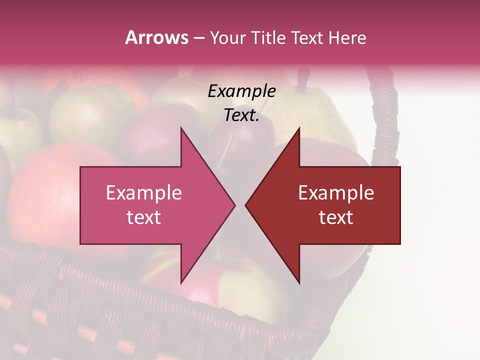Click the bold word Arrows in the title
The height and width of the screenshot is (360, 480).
tap(156, 37)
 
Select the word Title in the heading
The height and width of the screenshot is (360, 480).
tap(268, 37)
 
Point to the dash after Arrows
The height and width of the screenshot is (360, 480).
tap(198, 38)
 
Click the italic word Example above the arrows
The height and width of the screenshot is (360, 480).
tap(241, 91)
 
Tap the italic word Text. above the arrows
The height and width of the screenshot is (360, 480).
tap(241, 115)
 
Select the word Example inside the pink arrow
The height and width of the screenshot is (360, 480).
tap(144, 193)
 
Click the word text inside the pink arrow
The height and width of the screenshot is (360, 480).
tap(144, 217)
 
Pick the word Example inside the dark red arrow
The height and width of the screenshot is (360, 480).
tap(336, 193)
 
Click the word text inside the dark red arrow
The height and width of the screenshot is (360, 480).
tap(336, 217)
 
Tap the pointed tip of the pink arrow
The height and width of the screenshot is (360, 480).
tap(234, 205)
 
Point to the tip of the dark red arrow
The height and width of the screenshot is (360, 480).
tap(245, 205)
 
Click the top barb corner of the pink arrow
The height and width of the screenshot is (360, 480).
tap(181, 128)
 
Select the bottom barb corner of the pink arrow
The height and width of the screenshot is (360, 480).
tap(181, 283)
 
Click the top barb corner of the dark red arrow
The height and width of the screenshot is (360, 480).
tap(299, 128)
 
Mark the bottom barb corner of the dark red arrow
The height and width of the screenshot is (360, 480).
tap(299, 283)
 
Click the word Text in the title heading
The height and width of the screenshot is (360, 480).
tap(306, 37)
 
